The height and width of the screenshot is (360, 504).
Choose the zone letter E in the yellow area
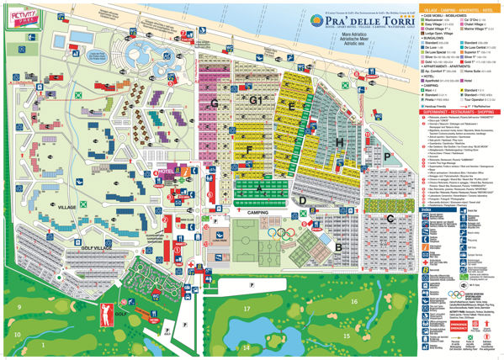coord(291,107)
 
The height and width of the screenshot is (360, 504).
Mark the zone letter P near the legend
coord(386,157)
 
